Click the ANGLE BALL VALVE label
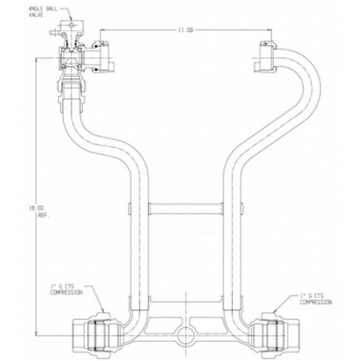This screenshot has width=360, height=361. (x=39, y=11)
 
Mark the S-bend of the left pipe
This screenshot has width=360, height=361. (x=105, y=144)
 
